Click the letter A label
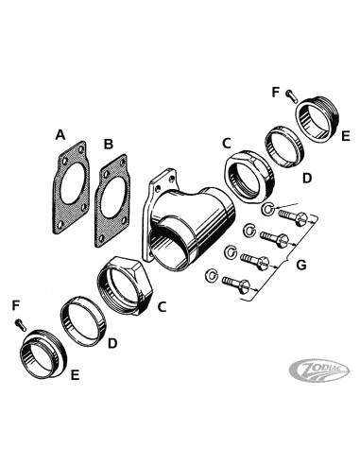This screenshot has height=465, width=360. click(x=60, y=135)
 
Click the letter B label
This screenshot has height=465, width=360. click(x=109, y=145)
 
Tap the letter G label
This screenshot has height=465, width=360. click(x=301, y=265)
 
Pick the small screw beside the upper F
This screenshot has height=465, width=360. click(x=292, y=95)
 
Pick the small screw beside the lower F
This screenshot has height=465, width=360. click(x=20, y=324)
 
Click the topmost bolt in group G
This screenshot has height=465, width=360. click(x=293, y=217)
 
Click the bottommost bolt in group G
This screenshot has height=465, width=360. click(x=236, y=284)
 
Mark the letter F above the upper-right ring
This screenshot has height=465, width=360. click(x=276, y=93)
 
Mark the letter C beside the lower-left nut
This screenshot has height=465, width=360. click(x=162, y=306)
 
